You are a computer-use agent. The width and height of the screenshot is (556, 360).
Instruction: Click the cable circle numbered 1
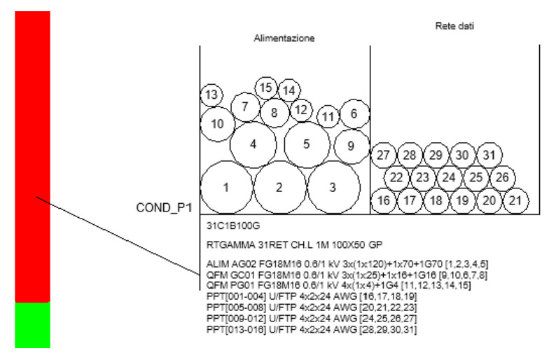(227, 188)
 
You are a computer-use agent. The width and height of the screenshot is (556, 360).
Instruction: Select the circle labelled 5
(307, 145)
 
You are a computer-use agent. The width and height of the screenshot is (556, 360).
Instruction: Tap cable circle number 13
(211, 95)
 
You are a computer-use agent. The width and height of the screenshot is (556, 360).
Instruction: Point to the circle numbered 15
(266, 88)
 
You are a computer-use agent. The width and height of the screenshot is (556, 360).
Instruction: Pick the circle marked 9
(352, 146)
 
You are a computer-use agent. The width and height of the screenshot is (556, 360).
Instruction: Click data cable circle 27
(383, 155)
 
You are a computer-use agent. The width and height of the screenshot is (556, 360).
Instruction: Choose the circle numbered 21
(515, 201)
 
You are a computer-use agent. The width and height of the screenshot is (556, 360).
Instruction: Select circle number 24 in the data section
(450, 178)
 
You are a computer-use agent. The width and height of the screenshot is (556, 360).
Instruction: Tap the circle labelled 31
(489, 155)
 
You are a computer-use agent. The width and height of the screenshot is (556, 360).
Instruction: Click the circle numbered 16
(383, 201)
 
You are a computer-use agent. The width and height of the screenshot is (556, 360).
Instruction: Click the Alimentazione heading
(284, 39)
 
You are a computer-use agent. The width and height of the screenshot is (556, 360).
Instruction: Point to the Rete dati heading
(454, 26)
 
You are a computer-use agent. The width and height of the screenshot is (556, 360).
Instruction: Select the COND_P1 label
(164, 208)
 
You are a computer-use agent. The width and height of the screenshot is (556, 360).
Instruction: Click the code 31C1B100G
(233, 226)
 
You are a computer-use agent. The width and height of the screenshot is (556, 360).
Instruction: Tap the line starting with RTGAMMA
(295, 244)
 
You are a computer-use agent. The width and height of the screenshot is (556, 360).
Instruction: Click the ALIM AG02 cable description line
(347, 264)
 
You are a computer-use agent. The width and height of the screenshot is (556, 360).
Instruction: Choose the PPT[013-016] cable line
(312, 329)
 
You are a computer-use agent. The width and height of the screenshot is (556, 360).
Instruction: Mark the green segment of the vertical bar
(32, 325)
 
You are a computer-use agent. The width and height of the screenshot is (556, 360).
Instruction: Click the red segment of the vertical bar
(32, 156)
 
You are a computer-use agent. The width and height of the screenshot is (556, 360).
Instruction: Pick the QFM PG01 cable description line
(339, 286)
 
